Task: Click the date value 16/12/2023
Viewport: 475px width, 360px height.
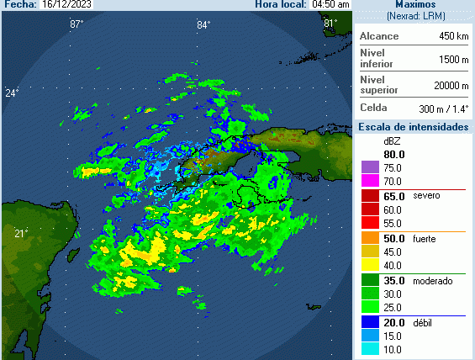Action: pos(67,4)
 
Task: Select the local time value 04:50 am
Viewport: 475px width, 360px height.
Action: pos(330,4)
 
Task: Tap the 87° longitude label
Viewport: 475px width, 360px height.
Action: pos(77,24)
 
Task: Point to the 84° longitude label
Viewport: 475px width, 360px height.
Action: pos(203,24)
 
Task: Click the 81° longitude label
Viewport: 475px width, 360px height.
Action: pos(330,24)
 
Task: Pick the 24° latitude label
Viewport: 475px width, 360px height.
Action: pos(11,93)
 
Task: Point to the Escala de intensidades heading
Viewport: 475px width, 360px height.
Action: pos(414,126)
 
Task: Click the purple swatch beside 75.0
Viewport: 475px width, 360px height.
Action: pos(368,168)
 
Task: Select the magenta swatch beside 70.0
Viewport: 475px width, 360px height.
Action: pos(368,181)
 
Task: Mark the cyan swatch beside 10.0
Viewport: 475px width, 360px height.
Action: pos(368,349)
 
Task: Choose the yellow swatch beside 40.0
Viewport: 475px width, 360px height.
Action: pos(368,265)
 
